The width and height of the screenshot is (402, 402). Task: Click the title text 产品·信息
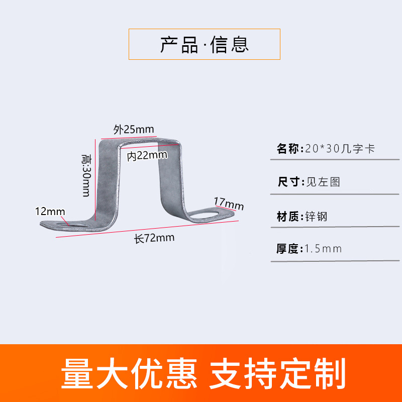pos(205,44)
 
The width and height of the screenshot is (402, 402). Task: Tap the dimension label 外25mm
pos(133,129)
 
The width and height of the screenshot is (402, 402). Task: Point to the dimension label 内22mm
pos(147,156)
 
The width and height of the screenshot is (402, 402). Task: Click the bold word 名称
pos(288,149)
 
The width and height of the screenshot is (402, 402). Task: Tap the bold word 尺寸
pos(288,181)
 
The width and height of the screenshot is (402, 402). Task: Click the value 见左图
pos(323,181)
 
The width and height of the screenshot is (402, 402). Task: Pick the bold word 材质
pos(288,217)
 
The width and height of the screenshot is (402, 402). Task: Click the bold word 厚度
pos(288,248)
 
